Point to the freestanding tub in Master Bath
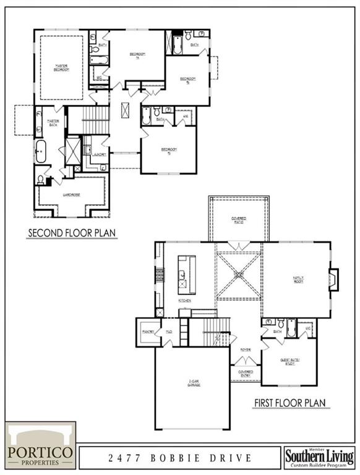point(41,151)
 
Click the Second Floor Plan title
point(72,233)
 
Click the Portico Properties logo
point(40,445)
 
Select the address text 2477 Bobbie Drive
point(179,458)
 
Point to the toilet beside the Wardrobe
point(41,180)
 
